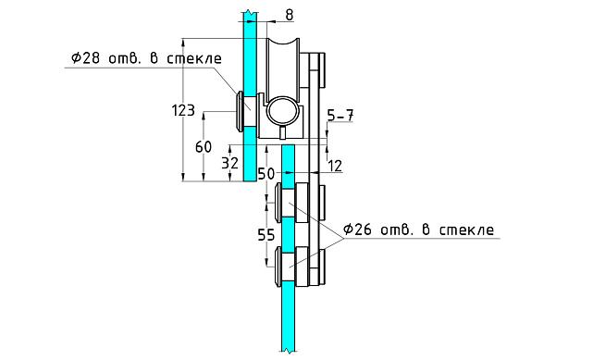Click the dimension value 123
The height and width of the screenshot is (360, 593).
(183, 110)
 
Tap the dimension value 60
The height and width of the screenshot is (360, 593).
(204, 147)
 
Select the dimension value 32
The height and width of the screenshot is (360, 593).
(230, 163)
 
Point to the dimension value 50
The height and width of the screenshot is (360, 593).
(266, 174)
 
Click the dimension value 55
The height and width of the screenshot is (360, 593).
(266, 235)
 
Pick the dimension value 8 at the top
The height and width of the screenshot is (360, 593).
(290, 15)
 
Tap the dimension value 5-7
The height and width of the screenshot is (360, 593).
(340, 116)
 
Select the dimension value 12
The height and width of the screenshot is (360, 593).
(335, 166)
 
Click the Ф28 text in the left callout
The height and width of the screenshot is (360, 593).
(86, 58)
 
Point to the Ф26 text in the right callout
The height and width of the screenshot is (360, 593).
(358, 230)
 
